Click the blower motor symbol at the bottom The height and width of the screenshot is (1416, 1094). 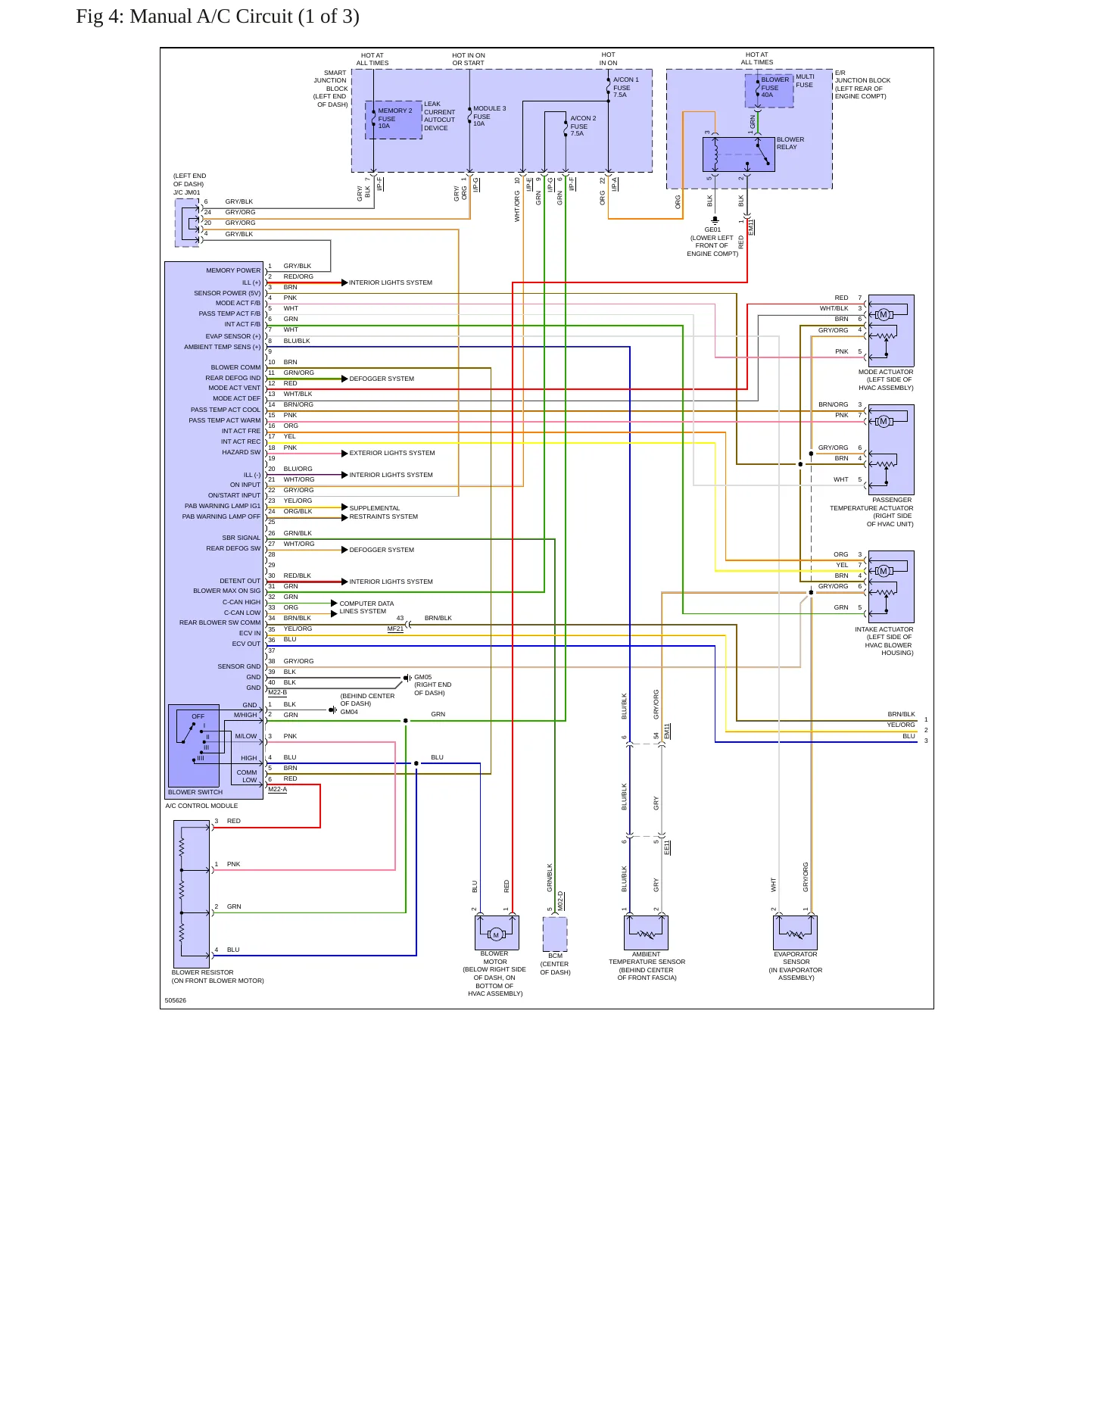point(497,932)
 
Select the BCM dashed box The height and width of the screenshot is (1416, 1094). point(555,934)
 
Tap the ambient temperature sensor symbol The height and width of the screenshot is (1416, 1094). point(646,932)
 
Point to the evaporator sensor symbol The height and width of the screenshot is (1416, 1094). point(795,932)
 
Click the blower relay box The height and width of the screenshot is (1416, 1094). point(738,154)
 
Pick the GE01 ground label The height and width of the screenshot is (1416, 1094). point(712,229)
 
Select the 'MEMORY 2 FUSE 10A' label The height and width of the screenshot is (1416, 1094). point(394,118)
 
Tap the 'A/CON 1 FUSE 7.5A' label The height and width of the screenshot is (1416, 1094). point(625,87)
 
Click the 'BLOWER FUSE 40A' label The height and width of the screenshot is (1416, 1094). point(775,87)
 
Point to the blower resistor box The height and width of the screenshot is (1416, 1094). point(192,893)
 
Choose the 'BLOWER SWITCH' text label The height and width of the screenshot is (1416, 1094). point(195,792)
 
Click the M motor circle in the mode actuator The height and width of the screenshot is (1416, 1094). point(883,314)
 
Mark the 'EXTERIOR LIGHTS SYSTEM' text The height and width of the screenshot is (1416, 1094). point(392,453)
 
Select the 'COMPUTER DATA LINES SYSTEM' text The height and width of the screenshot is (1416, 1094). point(366,607)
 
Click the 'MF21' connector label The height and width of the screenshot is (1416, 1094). point(395,628)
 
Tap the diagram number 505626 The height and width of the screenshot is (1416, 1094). point(176,1000)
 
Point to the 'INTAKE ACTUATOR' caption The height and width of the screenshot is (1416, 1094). point(884,629)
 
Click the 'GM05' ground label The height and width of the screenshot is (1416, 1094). point(422,677)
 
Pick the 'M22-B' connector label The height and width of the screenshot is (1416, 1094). point(277,692)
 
